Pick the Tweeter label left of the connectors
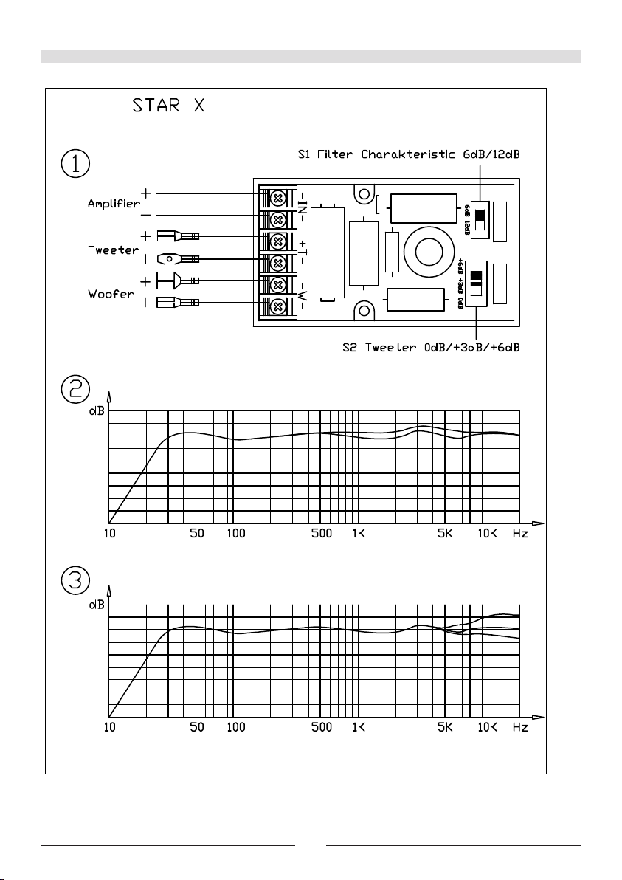pyautogui.click(x=108, y=250)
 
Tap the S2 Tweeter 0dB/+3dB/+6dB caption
pyautogui.click(x=432, y=347)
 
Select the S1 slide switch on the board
pyautogui.click(x=480, y=217)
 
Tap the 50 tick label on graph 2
pyautogui.click(x=197, y=533)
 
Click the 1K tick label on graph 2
pyautogui.click(x=359, y=533)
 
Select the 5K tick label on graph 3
pyautogui.click(x=444, y=728)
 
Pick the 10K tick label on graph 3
pyautogui.click(x=487, y=728)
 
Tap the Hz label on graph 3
pyautogui.click(x=521, y=728)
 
